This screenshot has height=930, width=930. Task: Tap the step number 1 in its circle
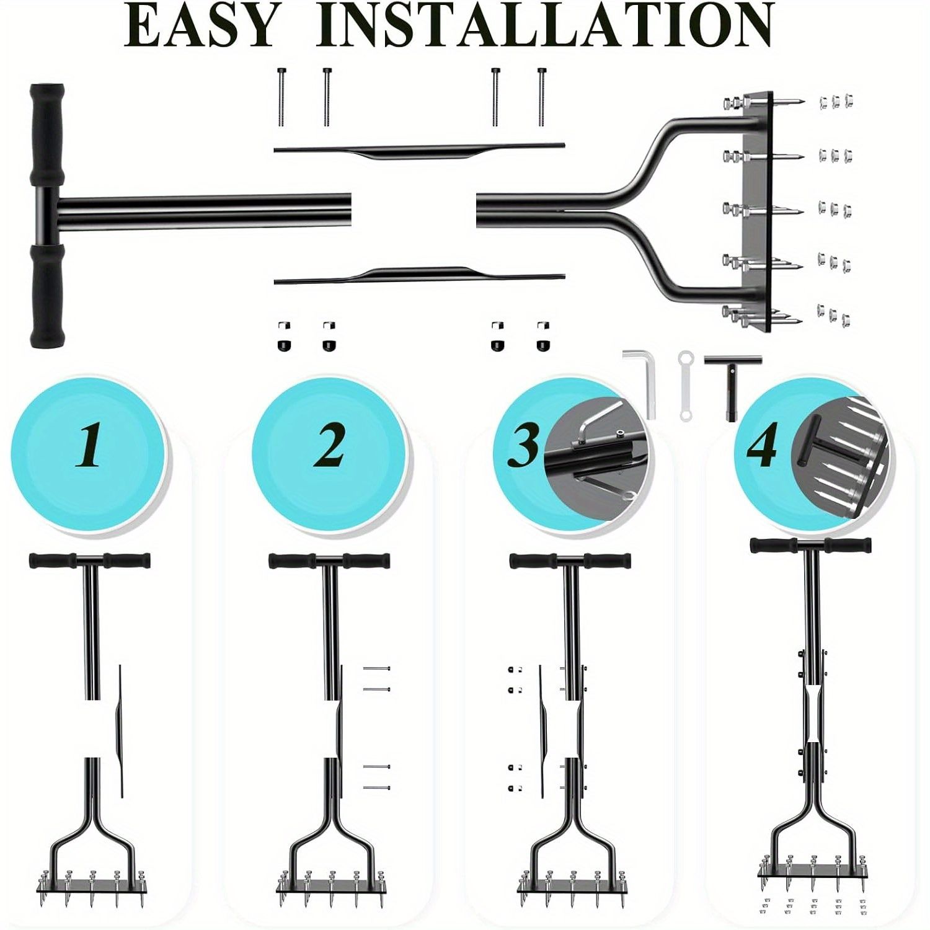point(89,447)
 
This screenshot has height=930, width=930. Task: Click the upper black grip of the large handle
point(46,136)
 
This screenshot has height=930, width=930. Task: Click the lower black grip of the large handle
point(47,295)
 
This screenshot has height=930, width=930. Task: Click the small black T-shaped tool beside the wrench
point(732,384)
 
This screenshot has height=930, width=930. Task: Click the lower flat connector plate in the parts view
point(419,275)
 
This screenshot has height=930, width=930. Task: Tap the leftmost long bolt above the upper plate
point(281,97)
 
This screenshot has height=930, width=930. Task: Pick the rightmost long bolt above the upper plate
point(542,97)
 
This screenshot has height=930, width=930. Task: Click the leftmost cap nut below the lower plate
point(282,335)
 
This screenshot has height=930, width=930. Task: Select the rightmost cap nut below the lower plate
point(542,335)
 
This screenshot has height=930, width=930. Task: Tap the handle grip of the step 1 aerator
point(90,560)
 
